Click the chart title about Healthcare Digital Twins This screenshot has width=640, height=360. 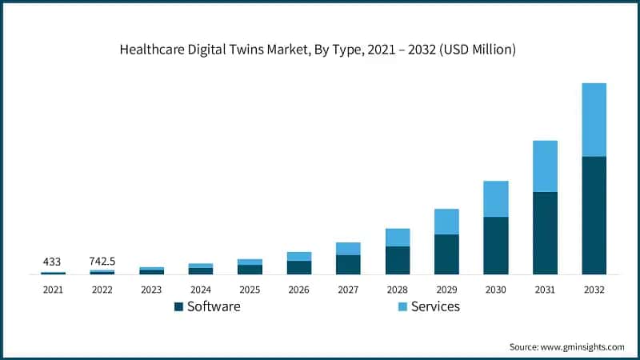[x=318, y=50]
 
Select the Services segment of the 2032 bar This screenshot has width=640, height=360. [x=594, y=120]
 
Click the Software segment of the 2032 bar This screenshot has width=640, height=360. [x=594, y=215]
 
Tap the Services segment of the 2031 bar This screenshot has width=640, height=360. [x=545, y=166]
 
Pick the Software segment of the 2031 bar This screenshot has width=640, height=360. [x=545, y=233]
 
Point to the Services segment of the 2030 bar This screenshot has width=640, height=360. [x=495, y=198]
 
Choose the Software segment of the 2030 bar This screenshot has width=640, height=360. [x=495, y=246]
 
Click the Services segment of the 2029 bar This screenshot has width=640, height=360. [x=446, y=222]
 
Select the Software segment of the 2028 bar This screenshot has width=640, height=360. [x=398, y=260]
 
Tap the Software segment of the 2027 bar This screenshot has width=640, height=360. [x=348, y=265]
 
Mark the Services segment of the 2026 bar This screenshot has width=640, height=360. [x=299, y=256]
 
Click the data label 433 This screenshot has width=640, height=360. [x=53, y=262]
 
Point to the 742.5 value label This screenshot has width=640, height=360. [x=102, y=262]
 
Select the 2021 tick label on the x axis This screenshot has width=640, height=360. [x=53, y=289]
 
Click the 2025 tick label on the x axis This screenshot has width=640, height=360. [x=250, y=289]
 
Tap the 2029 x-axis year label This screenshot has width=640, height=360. [x=446, y=289]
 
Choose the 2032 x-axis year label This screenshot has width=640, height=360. [x=594, y=289]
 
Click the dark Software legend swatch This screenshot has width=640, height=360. [x=178, y=306]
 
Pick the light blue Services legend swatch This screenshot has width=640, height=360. [x=402, y=306]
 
